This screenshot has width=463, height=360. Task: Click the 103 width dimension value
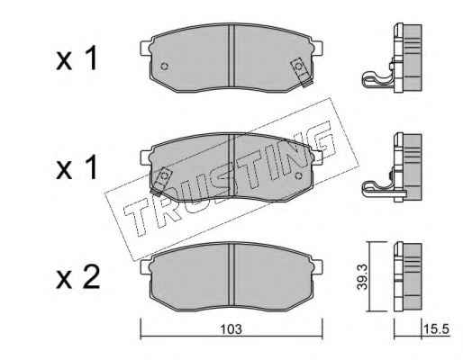(x=231, y=329)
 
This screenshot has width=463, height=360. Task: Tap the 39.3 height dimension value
(x=362, y=277)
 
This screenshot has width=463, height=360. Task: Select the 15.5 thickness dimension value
(x=436, y=329)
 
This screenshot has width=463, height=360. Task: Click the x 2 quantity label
(x=78, y=278)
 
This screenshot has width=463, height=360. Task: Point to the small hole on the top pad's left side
(x=164, y=67)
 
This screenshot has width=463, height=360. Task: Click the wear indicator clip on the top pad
(x=302, y=71)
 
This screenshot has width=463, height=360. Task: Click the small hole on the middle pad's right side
(x=298, y=175)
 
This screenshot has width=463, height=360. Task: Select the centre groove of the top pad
(x=231, y=57)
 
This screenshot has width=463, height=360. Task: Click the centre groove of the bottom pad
(x=231, y=276)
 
